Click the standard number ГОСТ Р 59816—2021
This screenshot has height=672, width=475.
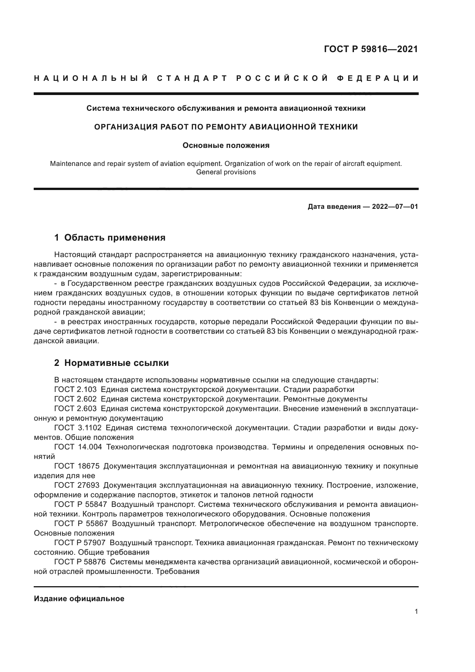(x=371, y=49)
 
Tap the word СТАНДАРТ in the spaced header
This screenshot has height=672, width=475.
(x=193, y=79)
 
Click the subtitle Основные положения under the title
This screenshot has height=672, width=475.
(x=226, y=146)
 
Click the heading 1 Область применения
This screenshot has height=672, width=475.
(x=110, y=238)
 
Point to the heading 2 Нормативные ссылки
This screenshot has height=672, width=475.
(x=111, y=363)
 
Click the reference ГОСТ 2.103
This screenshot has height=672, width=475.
(x=75, y=390)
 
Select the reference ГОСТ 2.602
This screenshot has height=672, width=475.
(x=75, y=399)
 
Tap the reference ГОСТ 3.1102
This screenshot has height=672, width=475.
(x=77, y=428)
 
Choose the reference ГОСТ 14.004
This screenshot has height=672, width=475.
(x=78, y=447)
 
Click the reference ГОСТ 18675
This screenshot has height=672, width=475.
(x=77, y=466)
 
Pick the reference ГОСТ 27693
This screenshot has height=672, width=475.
(x=77, y=485)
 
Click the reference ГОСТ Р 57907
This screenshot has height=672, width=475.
(x=80, y=543)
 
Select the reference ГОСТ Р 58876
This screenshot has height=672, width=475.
(x=80, y=562)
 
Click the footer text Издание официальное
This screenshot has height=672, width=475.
(x=79, y=599)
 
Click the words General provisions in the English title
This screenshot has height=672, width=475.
(x=226, y=172)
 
